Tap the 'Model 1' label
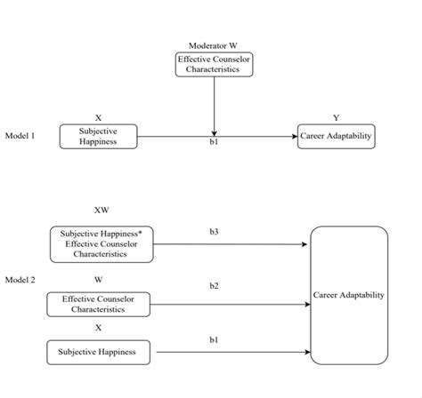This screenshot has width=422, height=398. click(x=20, y=137)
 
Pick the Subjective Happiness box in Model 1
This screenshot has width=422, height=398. click(x=98, y=136)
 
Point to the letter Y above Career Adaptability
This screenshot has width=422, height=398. click(x=336, y=118)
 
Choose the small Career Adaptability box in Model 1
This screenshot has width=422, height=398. click(x=336, y=137)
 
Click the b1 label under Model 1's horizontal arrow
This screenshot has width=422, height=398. click(x=214, y=144)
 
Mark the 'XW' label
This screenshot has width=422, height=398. click(x=101, y=211)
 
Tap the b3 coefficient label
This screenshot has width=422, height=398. click(x=214, y=232)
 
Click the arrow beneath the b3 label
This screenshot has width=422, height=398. click(x=231, y=243)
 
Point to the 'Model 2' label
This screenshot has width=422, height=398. click(x=20, y=280)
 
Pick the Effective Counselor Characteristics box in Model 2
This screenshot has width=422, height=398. click(x=98, y=305)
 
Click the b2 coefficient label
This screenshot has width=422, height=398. click(x=214, y=286)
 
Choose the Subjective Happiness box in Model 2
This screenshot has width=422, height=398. click(x=98, y=353)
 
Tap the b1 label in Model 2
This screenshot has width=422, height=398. click(x=214, y=339)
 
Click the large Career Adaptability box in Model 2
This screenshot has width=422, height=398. click(x=349, y=295)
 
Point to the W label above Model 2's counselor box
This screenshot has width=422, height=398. click(x=99, y=280)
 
